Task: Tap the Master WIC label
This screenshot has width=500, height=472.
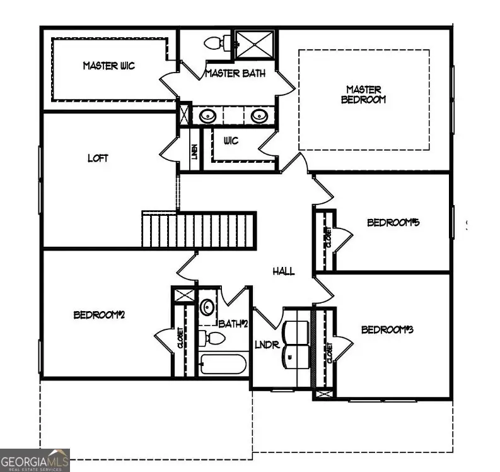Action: [x=108, y=66]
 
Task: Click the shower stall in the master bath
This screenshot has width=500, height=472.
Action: [x=254, y=44]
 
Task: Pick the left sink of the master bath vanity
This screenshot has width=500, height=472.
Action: [x=207, y=116]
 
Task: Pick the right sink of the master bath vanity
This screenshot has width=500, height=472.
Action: [x=259, y=116]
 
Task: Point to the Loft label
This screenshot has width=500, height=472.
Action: [x=97, y=158]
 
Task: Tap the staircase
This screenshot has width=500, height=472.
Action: [x=199, y=230]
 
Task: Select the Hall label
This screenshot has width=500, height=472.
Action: [x=284, y=271]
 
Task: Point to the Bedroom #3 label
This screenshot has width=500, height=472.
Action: [x=387, y=329]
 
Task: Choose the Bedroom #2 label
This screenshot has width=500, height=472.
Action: [x=99, y=314]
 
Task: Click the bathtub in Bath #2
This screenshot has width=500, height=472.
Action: [x=223, y=365]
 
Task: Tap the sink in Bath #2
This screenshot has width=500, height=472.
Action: [x=207, y=308]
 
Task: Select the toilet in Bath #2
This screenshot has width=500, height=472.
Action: [x=214, y=338]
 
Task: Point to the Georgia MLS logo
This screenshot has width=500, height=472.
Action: [x=35, y=459]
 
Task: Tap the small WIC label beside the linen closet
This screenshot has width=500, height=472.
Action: [x=231, y=141]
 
